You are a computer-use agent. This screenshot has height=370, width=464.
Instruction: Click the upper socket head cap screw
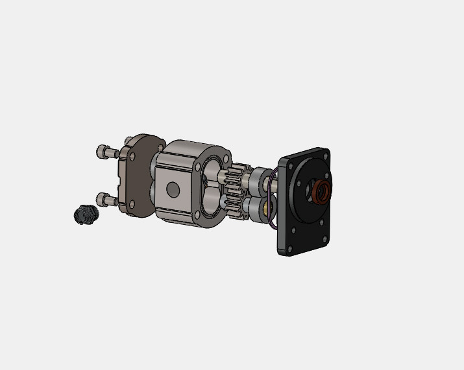click(106, 152)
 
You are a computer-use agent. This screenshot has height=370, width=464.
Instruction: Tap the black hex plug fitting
click(84, 214)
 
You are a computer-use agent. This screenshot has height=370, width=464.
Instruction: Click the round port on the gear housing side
click(173, 189)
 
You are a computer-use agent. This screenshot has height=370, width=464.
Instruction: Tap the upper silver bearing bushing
click(262, 177)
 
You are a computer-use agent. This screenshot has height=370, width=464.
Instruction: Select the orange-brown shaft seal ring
click(321, 192)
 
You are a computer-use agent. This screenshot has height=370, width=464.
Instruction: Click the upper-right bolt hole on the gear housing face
click(225, 157)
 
